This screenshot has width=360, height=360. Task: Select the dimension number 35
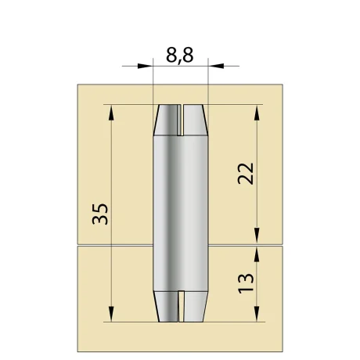click(100, 214)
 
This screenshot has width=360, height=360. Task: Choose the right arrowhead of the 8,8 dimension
click(215, 67)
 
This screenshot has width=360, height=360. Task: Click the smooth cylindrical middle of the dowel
click(181, 211)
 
